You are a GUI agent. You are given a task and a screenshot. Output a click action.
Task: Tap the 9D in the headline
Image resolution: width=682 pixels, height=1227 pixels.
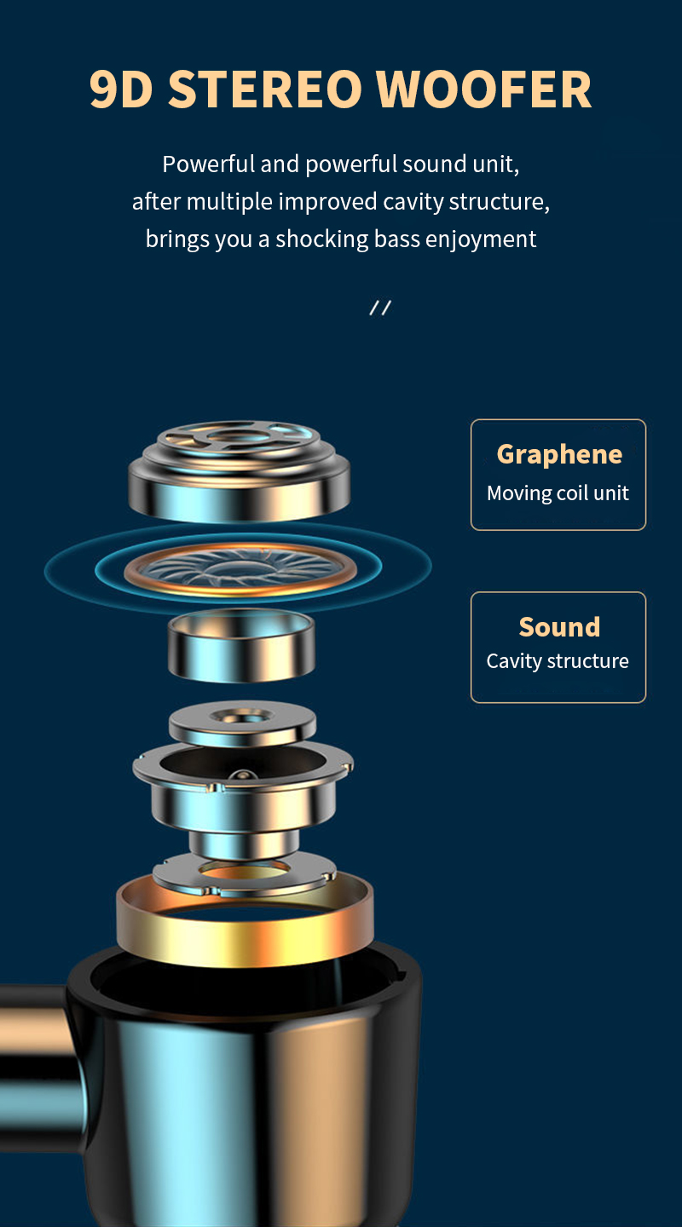pyautogui.click(x=121, y=89)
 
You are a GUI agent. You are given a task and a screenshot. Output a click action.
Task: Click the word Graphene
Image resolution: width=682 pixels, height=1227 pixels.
pyautogui.click(x=558, y=454)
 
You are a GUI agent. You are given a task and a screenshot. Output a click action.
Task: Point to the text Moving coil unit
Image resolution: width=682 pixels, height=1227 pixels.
pyautogui.click(x=558, y=493)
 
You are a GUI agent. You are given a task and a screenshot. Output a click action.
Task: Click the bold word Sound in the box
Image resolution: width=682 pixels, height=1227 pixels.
pyautogui.click(x=559, y=627)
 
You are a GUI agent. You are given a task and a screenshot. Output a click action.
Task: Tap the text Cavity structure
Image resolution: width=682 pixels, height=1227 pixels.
pyautogui.click(x=558, y=661)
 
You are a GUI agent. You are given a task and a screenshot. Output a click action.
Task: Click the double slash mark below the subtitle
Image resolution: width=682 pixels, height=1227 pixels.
pyautogui.click(x=380, y=308)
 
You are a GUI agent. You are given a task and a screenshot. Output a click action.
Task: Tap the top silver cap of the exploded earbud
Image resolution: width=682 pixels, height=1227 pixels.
pyautogui.click(x=239, y=469)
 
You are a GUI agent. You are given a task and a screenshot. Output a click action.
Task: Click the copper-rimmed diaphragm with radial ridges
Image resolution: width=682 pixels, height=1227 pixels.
pyautogui.click(x=239, y=568)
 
